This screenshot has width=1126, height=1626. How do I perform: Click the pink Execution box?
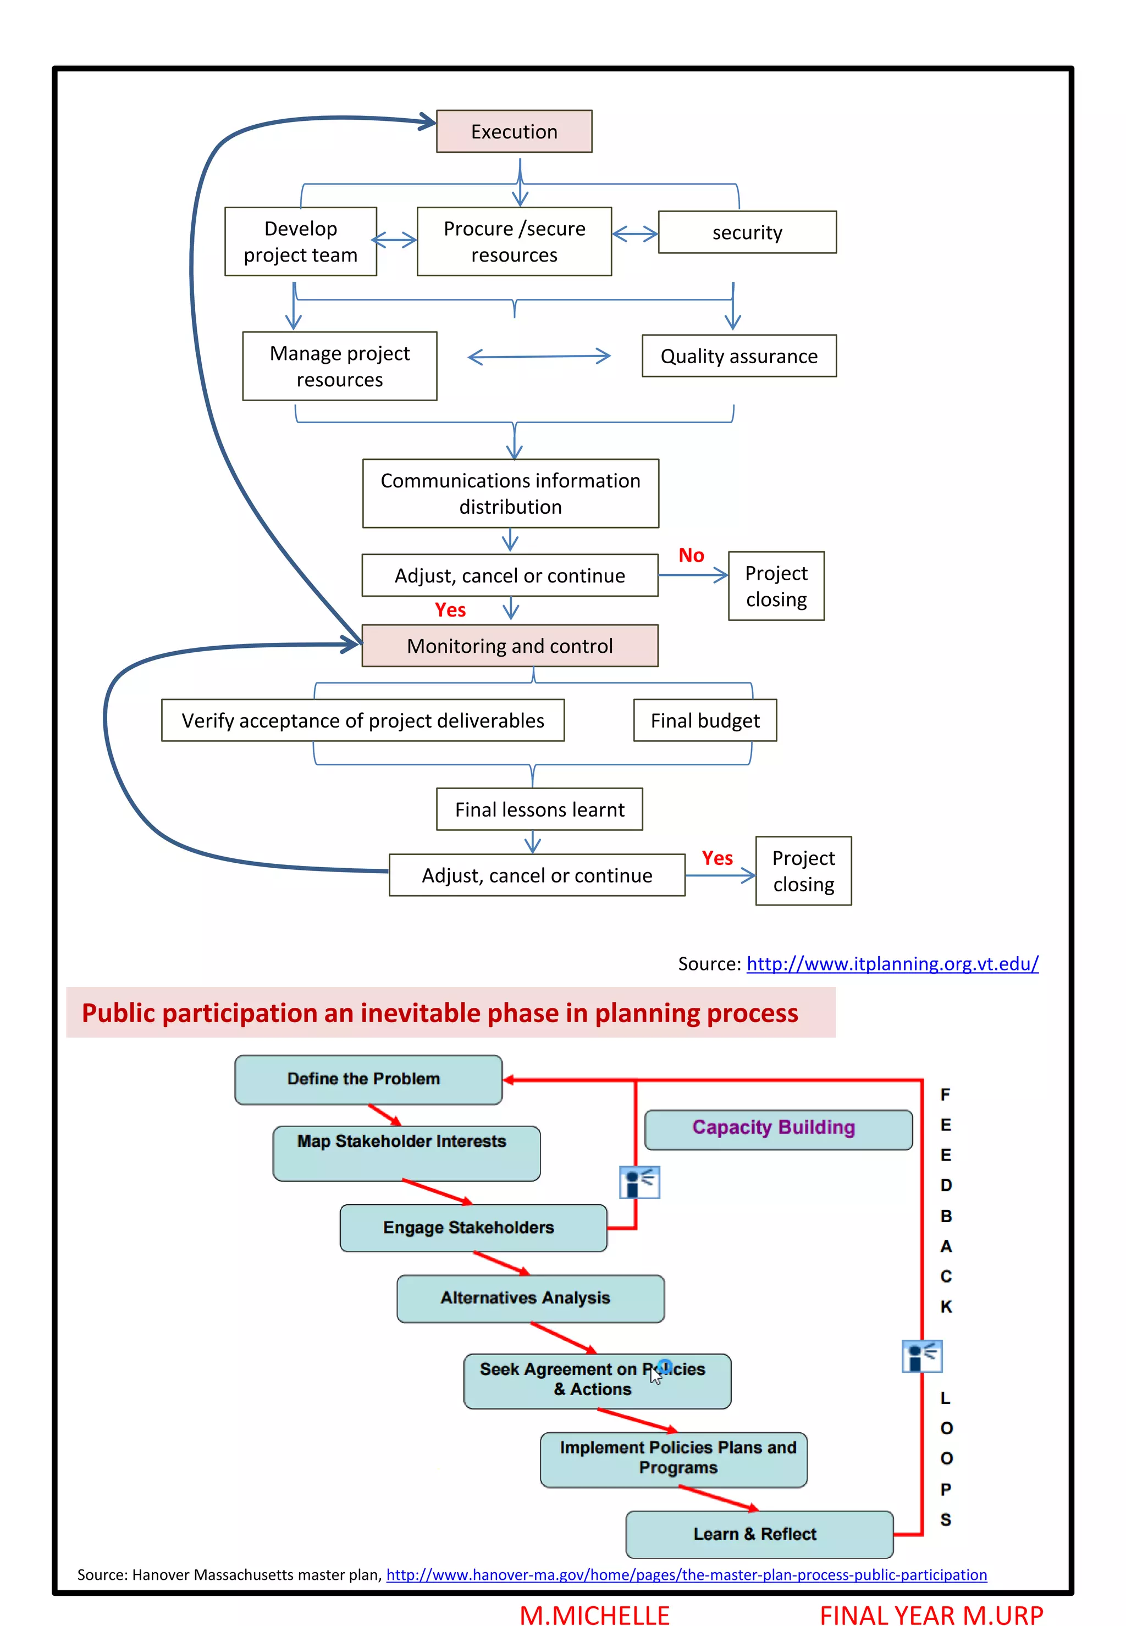click(x=514, y=131)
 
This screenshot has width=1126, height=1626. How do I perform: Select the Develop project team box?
click(x=301, y=241)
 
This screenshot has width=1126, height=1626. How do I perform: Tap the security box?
click(x=747, y=232)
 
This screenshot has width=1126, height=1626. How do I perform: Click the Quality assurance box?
click(x=739, y=356)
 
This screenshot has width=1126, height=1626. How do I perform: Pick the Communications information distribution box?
click(x=510, y=493)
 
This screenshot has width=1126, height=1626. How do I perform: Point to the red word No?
click(x=691, y=555)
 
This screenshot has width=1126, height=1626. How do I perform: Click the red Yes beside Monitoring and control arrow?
click(x=450, y=610)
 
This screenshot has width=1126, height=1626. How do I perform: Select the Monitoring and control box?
click(x=509, y=645)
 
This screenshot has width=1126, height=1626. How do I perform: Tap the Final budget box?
click(x=704, y=720)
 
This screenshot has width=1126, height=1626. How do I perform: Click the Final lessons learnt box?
click(x=539, y=809)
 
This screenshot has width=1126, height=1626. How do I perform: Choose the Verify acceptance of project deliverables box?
click(x=363, y=720)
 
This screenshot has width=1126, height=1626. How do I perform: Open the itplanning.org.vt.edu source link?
click(x=892, y=963)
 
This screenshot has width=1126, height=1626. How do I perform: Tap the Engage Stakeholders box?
click(x=473, y=1228)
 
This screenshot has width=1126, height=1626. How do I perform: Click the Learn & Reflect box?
click(x=758, y=1534)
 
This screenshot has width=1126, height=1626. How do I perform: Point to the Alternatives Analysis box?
click(x=530, y=1298)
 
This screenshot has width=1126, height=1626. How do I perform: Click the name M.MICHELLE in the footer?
click(x=594, y=1614)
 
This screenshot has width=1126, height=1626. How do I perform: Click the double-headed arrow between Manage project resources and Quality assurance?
click(x=539, y=357)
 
